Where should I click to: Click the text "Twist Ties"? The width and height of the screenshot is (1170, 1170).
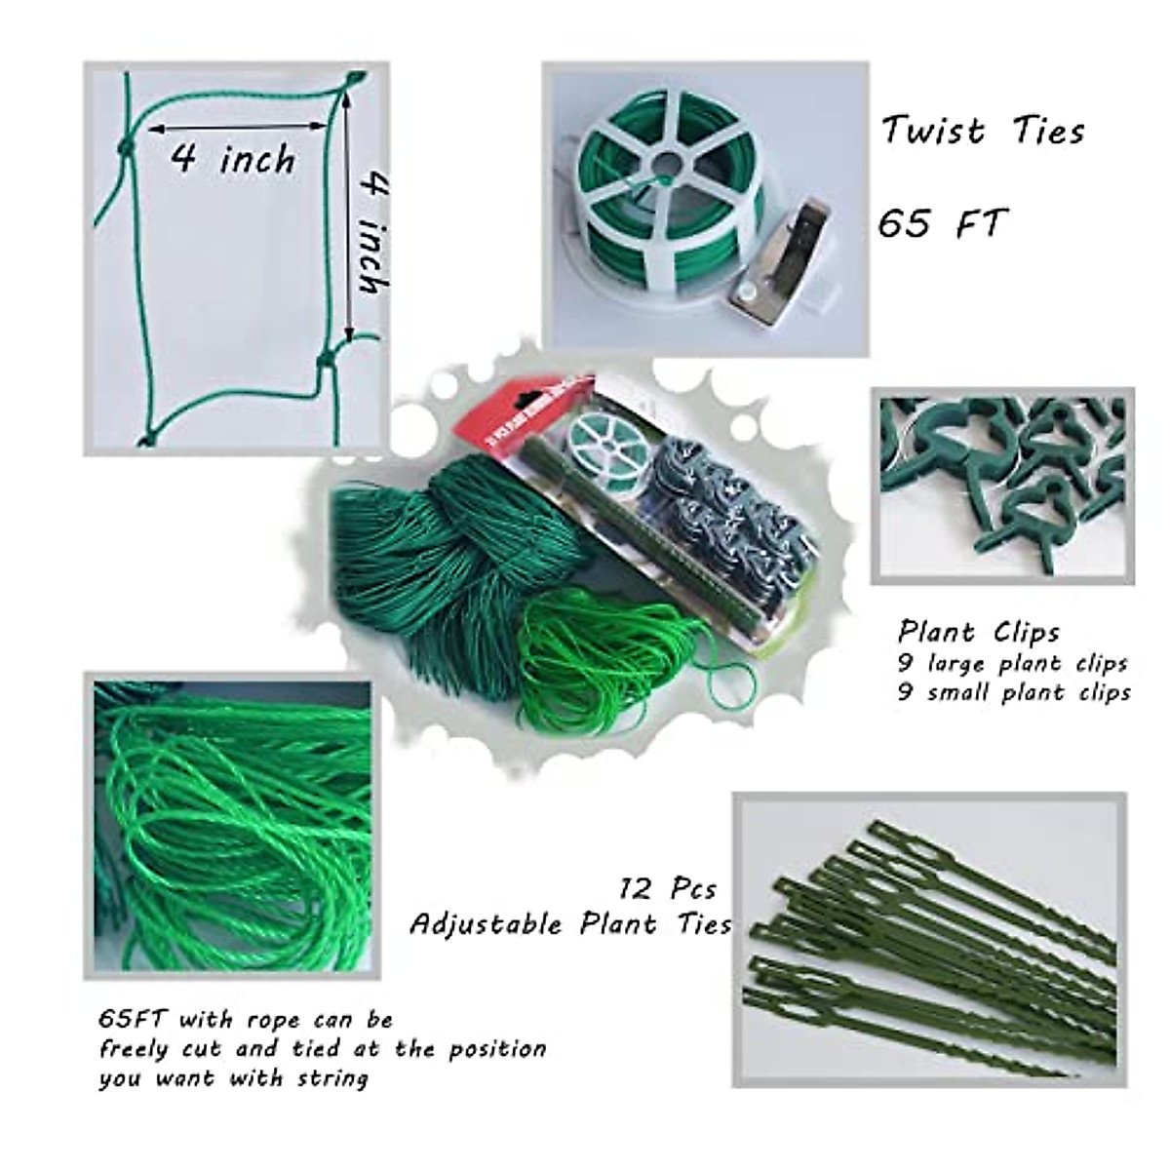983,131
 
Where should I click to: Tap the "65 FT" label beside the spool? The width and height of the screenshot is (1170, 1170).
940,224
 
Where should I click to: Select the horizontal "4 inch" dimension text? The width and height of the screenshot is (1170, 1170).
232,159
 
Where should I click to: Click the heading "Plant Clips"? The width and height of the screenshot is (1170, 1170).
978,632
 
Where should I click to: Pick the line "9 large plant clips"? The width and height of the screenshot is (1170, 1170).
1012,663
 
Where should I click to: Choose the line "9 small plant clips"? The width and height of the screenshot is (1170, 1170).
1014,692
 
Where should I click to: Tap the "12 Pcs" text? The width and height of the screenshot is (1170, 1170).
667,889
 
